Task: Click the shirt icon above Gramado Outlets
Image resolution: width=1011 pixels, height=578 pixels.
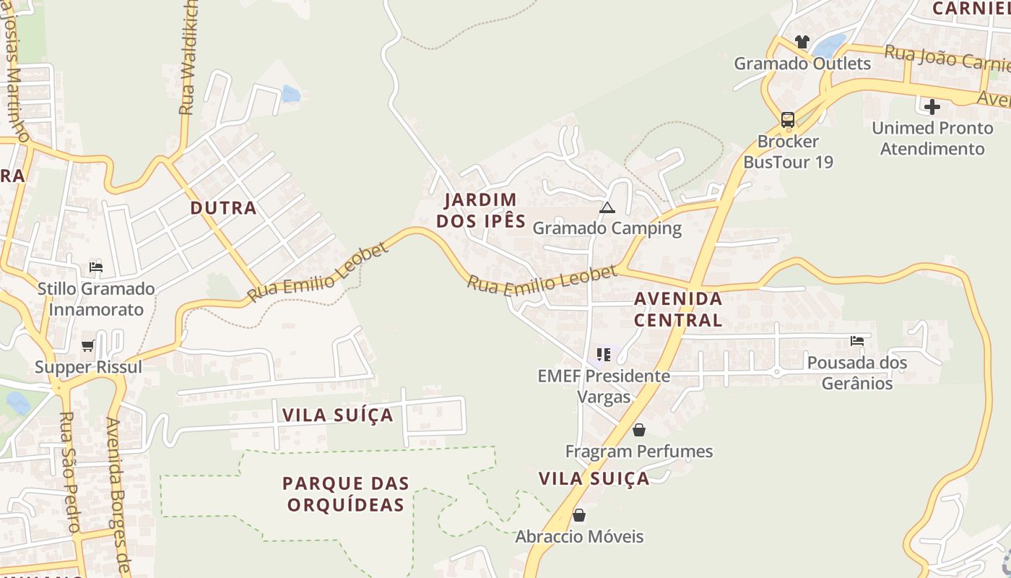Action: (802, 42)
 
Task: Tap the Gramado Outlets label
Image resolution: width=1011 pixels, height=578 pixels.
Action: (802, 64)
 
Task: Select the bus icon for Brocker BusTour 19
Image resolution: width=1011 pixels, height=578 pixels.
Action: (787, 119)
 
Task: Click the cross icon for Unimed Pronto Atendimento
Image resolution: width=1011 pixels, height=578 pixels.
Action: (932, 107)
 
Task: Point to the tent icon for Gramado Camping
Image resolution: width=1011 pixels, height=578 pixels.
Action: (607, 208)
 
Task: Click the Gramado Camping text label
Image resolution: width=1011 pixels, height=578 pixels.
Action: (607, 228)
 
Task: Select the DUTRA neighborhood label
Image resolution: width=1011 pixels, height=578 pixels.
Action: (223, 208)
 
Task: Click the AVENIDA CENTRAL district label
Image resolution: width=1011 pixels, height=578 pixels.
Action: (678, 309)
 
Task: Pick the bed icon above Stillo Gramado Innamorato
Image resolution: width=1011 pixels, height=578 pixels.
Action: (95, 267)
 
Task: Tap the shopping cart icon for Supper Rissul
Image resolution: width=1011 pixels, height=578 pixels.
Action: (88, 346)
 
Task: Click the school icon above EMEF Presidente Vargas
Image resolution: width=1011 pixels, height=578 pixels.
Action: (604, 355)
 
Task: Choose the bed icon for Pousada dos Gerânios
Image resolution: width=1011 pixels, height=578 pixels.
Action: (857, 340)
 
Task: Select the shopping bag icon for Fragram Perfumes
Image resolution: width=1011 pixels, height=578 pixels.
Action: (639, 431)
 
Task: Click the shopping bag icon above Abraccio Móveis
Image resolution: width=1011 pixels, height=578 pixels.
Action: (578, 515)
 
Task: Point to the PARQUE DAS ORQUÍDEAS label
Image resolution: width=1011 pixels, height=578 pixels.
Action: (345, 493)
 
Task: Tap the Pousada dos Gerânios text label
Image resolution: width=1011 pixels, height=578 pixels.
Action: (857, 372)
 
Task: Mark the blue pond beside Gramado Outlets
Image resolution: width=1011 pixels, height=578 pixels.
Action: (830, 46)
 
